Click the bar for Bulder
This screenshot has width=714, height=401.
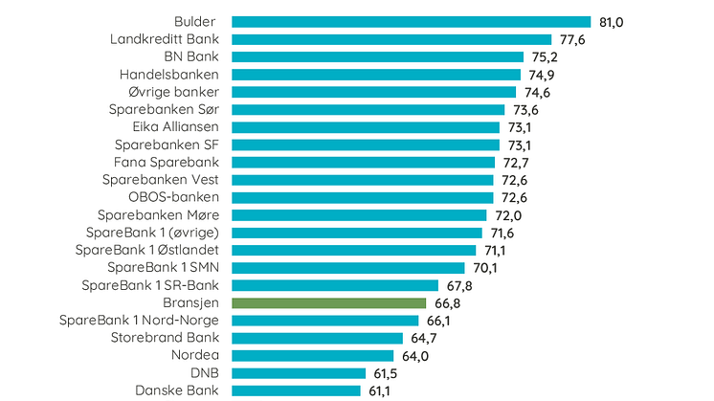click(411, 22)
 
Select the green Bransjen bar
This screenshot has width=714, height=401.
click(328, 302)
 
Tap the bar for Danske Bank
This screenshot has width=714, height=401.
click(298, 390)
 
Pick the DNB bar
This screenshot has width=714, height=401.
click(299, 373)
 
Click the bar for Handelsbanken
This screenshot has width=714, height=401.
click(376, 75)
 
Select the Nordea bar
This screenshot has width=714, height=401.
click(313, 355)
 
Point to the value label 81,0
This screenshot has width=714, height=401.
click(612, 22)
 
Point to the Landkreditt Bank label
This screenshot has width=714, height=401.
click(165, 39)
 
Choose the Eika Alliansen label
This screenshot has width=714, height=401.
click(176, 127)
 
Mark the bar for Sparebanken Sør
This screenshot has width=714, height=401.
click(368, 109)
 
